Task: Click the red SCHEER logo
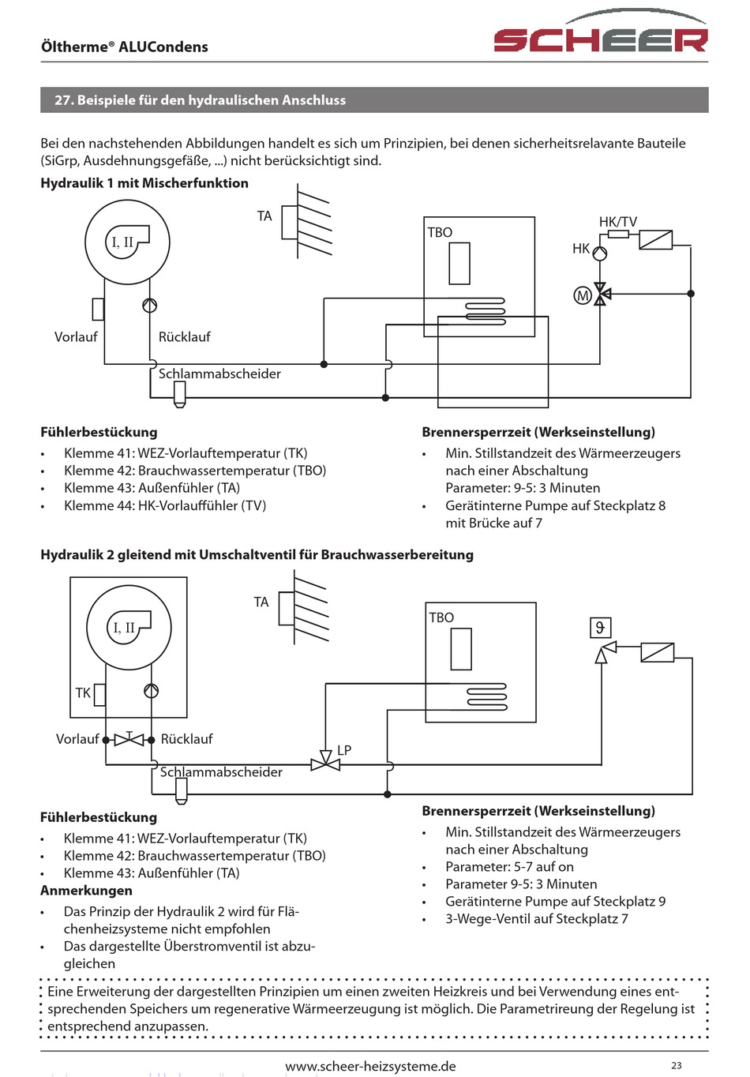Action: pyautogui.click(x=601, y=32)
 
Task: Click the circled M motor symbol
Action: pyautogui.click(x=583, y=295)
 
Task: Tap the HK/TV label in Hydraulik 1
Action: pyautogui.click(x=618, y=222)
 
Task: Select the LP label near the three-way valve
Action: pyautogui.click(x=344, y=750)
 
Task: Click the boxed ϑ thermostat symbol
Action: pyautogui.click(x=600, y=628)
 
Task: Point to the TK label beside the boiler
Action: pyautogui.click(x=83, y=692)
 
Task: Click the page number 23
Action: pyautogui.click(x=677, y=1065)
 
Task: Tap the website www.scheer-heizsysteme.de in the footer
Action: pyautogui.click(x=370, y=1067)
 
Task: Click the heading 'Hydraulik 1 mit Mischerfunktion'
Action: pyautogui.click(x=144, y=183)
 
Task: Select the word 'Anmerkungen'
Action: pyautogui.click(x=87, y=891)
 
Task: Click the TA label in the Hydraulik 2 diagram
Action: pyautogui.click(x=261, y=602)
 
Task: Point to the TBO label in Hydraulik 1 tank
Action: pyautogui.click(x=440, y=232)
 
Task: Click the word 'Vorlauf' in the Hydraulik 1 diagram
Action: pyautogui.click(x=76, y=336)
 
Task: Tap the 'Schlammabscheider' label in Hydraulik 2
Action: pyautogui.click(x=221, y=772)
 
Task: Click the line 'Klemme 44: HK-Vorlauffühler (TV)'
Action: pyautogui.click(x=165, y=505)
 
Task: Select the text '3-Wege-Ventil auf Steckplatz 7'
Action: pyautogui.click(x=537, y=919)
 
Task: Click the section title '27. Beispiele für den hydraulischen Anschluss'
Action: pyautogui.click(x=200, y=100)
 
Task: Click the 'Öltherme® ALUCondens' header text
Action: pyautogui.click(x=125, y=47)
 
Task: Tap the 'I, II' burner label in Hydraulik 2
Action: pyautogui.click(x=124, y=628)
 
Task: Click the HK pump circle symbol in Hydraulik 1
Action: pyautogui.click(x=599, y=253)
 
